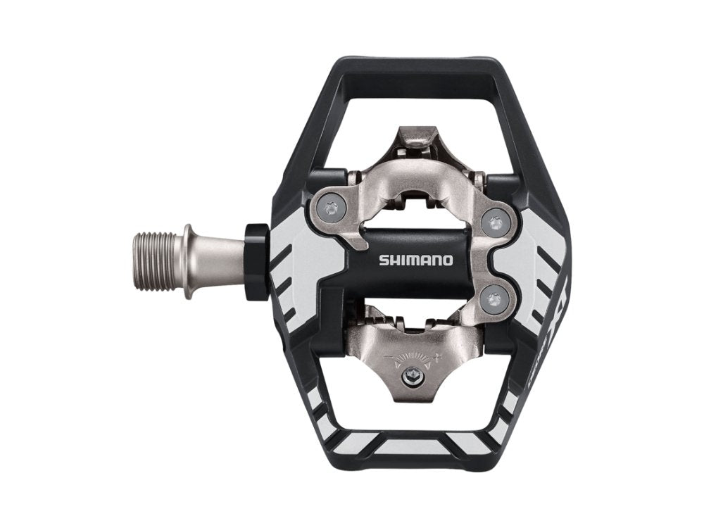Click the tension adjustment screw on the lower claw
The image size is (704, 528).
[408, 381]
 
